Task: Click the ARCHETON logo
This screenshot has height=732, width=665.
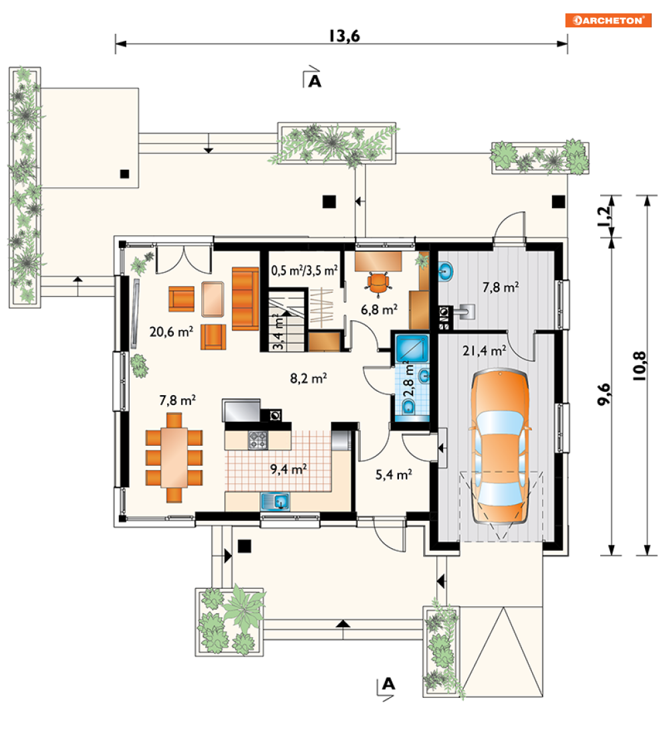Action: click(x=608, y=21)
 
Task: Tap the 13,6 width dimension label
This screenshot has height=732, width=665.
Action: click(x=344, y=35)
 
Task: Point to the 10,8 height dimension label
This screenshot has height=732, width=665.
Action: click(x=640, y=366)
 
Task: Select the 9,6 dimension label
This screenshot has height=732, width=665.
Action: click(x=604, y=394)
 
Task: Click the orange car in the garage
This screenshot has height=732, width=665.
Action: click(x=500, y=447)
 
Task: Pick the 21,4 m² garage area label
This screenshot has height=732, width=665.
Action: click(x=485, y=350)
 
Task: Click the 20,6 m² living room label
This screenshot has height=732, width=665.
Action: click(x=171, y=332)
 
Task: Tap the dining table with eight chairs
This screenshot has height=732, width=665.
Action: click(x=174, y=457)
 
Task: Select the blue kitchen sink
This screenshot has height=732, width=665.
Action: click(x=275, y=501)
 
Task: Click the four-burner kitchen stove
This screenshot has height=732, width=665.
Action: click(x=257, y=440)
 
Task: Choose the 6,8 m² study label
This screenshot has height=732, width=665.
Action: click(x=379, y=309)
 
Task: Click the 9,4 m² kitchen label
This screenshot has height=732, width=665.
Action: click(x=289, y=469)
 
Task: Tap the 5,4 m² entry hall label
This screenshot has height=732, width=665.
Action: click(x=394, y=475)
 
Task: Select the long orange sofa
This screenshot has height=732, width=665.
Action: click(x=245, y=299)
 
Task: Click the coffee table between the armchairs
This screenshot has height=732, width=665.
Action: click(x=213, y=299)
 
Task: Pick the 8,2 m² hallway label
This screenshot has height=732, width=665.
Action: click(x=309, y=378)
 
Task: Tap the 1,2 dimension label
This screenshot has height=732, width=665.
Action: click(x=604, y=217)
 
